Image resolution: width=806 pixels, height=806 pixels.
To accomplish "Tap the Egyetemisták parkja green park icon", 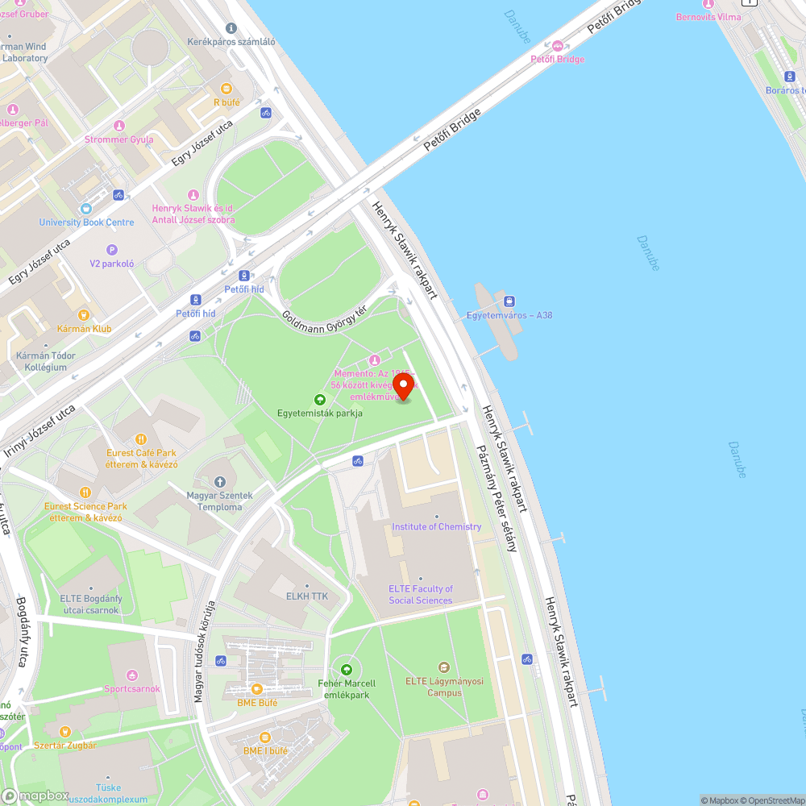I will click(320, 400).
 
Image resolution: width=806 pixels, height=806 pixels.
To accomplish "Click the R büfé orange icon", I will click(226, 89).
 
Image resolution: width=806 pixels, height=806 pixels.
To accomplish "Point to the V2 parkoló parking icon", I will click(112, 250).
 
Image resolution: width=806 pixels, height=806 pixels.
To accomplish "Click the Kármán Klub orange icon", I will click(84, 315).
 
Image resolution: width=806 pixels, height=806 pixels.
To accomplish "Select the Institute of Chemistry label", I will click(436, 526).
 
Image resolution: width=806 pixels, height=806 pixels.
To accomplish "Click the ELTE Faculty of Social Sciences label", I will click(421, 595).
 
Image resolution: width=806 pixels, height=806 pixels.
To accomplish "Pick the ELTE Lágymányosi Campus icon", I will click(443, 667).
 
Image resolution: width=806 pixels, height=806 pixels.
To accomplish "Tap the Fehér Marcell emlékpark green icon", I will click(347, 669).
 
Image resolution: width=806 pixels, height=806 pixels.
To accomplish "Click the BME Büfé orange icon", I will click(257, 688).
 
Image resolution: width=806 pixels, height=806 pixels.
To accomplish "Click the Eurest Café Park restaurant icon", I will click(141, 439).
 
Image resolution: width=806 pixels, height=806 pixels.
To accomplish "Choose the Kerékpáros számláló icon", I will click(231, 28).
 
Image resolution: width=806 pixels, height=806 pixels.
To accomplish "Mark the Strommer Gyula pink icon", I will click(119, 126).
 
